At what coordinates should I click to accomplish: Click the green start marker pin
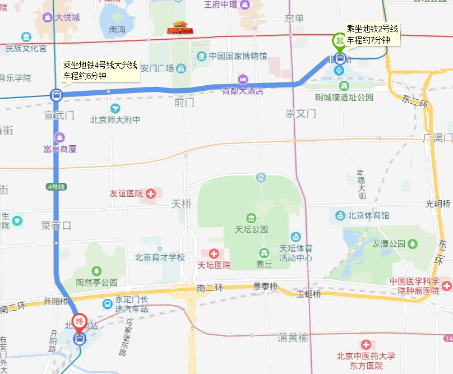339,41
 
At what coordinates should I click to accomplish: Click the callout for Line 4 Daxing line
100,71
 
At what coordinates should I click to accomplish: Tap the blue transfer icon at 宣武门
56,95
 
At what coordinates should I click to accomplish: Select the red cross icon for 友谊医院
151,194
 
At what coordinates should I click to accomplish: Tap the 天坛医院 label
214,264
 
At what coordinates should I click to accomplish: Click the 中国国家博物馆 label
238,56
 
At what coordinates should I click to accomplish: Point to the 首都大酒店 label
243,91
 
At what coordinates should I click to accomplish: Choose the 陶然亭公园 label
98,282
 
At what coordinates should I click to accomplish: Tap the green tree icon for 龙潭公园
413,244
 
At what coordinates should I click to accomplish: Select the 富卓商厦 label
59,149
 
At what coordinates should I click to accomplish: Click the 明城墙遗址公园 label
344,97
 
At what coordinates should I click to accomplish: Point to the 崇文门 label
301,113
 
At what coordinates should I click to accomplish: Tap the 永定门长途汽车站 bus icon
107,304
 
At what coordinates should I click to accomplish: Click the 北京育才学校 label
160,257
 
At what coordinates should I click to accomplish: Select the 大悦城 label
67,17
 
